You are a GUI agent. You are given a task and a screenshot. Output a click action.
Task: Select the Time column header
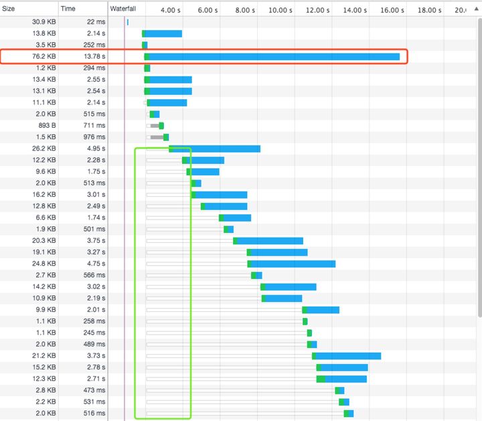click(68, 9)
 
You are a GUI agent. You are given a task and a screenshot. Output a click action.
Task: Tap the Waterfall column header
click(123, 9)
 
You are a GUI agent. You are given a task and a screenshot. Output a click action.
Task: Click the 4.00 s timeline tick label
click(171, 11)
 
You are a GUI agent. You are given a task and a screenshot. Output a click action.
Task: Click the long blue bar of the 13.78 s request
click(274, 57)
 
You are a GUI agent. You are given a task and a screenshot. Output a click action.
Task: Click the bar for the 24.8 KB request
click(293, 264)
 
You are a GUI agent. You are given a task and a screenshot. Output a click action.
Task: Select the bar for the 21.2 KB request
click(347, 355)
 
